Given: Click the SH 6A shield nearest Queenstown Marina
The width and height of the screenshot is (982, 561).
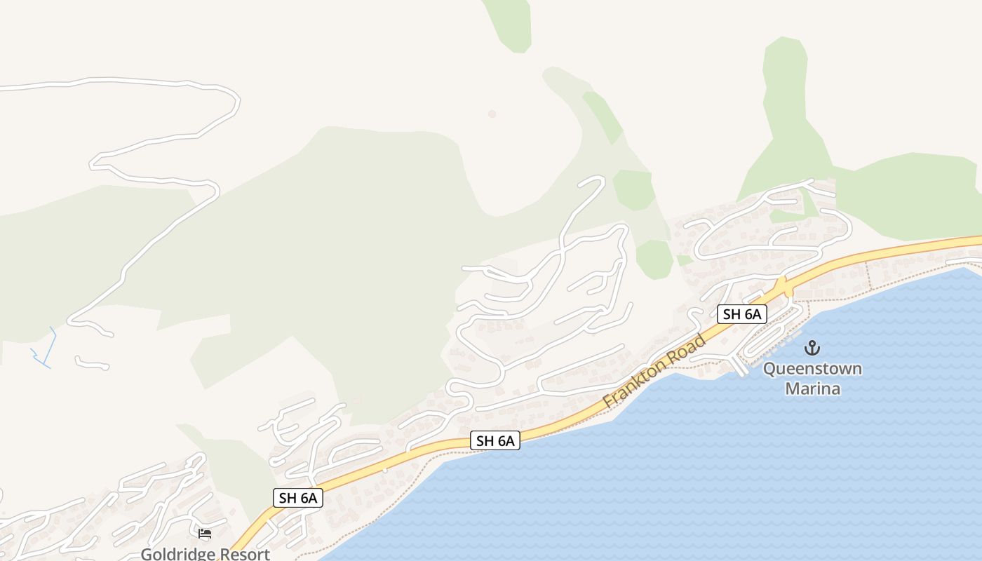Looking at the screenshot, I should [742, 314].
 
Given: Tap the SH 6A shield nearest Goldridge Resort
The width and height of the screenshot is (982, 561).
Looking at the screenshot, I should [298, 498].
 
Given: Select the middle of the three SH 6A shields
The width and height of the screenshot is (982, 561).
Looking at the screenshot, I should [495, 440].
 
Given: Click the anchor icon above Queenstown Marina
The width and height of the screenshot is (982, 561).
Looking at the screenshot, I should [812, 348].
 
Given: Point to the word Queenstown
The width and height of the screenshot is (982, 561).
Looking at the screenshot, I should [812, 369].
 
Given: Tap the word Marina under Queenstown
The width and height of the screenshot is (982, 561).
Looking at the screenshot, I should [812, 388].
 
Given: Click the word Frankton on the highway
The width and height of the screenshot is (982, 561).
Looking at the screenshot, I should [631, 386].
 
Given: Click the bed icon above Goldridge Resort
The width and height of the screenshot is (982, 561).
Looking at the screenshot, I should [205, 534].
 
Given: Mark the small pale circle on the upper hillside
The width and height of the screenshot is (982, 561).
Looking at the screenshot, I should [492, 114].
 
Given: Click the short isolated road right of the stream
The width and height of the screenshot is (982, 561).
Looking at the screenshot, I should [92, 363].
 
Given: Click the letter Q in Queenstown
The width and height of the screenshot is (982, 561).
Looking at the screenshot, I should [770, 369].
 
